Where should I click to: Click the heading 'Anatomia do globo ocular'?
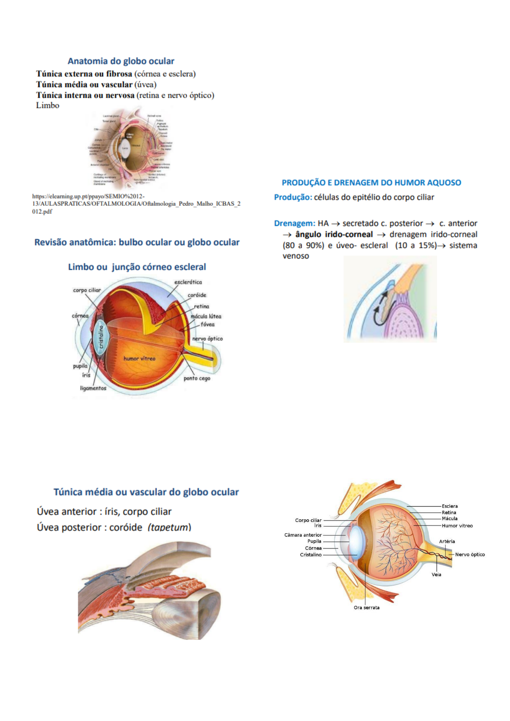(121, 61)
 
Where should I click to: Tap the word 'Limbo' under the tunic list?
(48, 105)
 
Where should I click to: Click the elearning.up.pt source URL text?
(136, 204)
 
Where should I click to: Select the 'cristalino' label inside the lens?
(101, 337)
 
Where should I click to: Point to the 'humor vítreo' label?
(139, 358)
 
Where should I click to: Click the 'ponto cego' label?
(197, 379)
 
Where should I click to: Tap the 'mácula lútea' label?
(206, 316)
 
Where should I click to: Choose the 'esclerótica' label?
(188, 282)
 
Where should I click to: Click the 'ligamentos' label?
(93, 388)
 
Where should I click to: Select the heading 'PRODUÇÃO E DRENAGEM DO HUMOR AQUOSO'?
(371, 183)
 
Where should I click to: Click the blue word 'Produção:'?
(293, 197)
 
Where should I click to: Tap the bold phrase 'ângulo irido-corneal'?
(334, 234)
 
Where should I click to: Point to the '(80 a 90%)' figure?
(303, 245)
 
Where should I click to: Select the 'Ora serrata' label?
(366, 607)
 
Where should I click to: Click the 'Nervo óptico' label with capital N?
(470, 554)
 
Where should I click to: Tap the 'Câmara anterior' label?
(303, 535)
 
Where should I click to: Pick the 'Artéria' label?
(447, 541)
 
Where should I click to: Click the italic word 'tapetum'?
(169, 527)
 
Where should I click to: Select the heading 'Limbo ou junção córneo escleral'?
(137, 267)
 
